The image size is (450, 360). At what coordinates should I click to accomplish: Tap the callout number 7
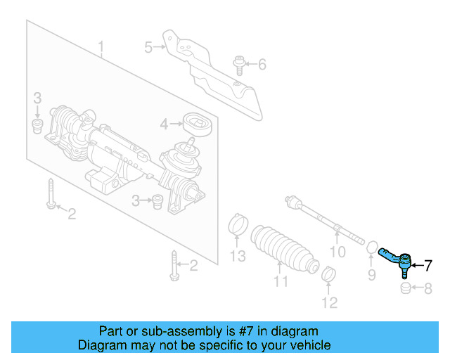click(428, 265)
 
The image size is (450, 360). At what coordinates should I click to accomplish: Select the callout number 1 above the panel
click(101, 49)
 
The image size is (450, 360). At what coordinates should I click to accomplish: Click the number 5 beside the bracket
click(148, 48)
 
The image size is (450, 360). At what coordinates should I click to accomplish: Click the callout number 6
click(262, 65)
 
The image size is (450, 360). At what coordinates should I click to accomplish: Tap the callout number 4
click(164, 124)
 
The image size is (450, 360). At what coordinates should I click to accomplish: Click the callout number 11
click(281, 283)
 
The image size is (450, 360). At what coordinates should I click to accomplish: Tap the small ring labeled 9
click(370, 246)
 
